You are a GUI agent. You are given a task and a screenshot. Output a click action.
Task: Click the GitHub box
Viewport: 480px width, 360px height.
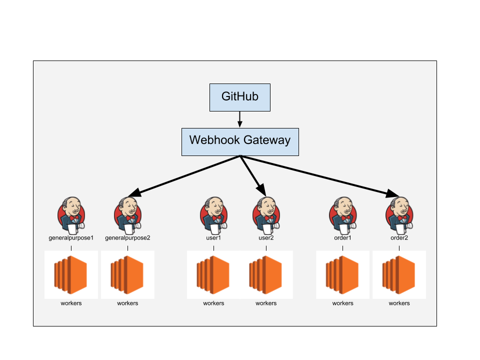tap(240, 97)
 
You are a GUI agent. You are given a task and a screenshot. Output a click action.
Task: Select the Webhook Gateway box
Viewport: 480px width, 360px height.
tap(240, 141)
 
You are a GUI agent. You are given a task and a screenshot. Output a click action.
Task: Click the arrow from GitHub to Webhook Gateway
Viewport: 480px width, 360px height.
tap(240, 119)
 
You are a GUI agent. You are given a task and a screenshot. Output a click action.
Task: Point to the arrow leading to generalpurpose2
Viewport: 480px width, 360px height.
tap(185, 175)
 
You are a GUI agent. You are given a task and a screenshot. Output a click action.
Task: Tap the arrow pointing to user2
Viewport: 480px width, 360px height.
tap(252, 175)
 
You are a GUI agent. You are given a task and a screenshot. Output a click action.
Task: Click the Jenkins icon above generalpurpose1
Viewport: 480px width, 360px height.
tap(71, 215)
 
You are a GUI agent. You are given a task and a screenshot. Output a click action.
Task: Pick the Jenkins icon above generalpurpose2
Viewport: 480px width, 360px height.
tap(127, 215)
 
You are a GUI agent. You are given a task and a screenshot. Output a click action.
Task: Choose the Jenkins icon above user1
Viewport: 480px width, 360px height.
tap(213, 215)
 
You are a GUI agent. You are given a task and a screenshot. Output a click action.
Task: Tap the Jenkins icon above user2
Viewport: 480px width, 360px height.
tap(266, 215)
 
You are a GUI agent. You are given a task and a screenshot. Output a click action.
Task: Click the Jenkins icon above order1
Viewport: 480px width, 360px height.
tap(343, 215)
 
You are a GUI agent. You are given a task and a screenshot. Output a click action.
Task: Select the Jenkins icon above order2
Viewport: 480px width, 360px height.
tap(399, 215)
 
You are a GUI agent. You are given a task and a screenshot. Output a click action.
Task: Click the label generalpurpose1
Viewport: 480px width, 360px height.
tap(71, 238)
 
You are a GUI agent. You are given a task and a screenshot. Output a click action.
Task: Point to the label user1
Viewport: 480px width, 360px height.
tap(213, 238)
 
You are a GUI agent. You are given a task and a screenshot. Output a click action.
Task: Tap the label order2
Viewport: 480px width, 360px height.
tap(399, 238)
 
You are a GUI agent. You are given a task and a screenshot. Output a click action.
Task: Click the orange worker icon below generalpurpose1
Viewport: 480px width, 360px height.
tap(71, 275)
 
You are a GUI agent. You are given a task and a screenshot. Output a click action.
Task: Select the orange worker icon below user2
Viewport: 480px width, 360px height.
tap(266, 275)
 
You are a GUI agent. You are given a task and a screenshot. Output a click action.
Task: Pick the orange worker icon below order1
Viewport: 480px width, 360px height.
tap(343, 275)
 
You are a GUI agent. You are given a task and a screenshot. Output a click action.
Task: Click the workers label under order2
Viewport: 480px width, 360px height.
tap(399, 303)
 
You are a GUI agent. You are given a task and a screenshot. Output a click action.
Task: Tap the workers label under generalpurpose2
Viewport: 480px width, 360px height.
tap(127, 303)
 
